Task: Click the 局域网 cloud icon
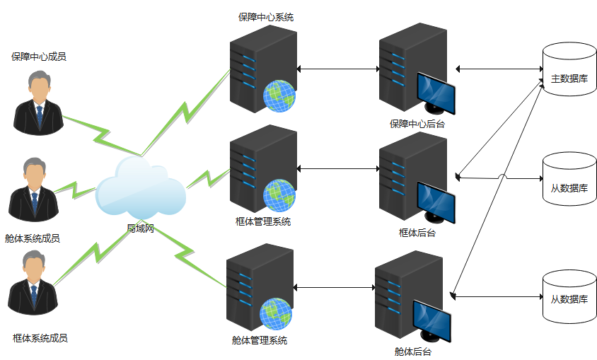[x=140, y=189]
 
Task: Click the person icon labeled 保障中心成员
[x=39, y=102]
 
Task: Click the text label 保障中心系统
[x=266, y=16]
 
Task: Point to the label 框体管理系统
[x=263, y=221]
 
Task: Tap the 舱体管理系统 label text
[x=260, y=340]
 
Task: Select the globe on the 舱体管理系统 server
[x=276, y=313]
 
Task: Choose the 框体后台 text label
[x=417, y=232]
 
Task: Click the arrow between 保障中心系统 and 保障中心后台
[x=338, y=69]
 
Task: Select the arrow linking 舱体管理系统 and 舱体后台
[x=333, y=288]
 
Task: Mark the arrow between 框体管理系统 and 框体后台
[x=338, y=168]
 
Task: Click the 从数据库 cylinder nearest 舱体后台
[x=569, y=298]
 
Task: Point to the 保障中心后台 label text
[x=417, y=124]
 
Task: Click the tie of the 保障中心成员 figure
[x=40, y=114]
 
